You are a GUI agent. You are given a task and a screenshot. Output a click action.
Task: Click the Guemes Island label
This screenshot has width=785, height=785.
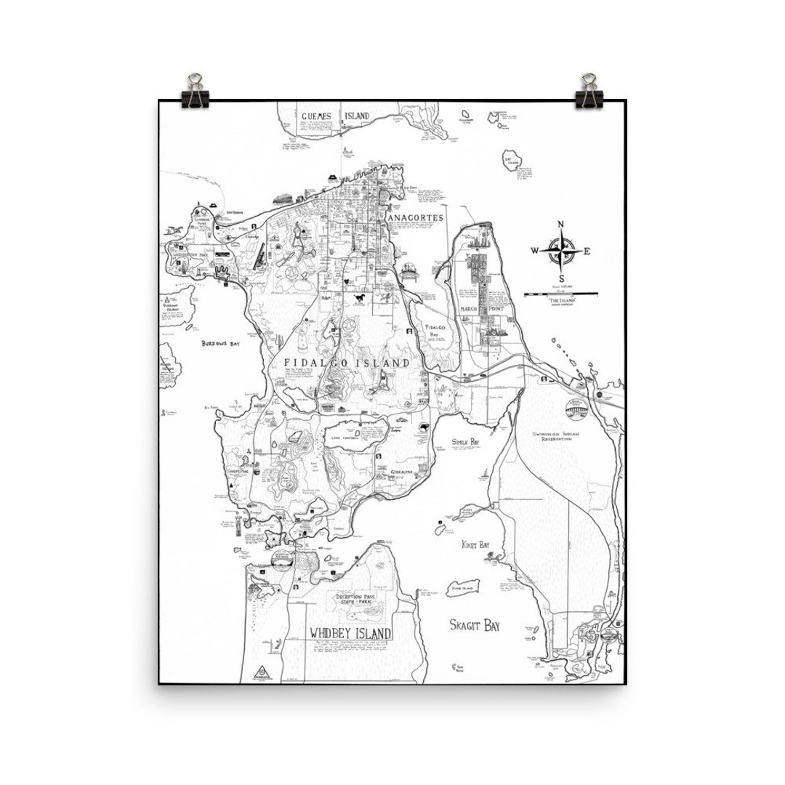tap(335, 116)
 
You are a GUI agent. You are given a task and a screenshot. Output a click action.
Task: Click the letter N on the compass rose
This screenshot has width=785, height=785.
tap(560, 225)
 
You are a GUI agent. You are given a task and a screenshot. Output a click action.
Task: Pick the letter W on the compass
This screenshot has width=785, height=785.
tap(534, 251)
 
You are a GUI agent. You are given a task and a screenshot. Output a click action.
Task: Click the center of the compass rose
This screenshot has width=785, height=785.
tap(560, 251)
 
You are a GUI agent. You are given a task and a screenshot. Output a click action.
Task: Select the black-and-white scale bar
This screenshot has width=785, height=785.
tap(560, 294)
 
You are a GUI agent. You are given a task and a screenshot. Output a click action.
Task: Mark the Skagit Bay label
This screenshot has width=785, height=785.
tap(475, 624)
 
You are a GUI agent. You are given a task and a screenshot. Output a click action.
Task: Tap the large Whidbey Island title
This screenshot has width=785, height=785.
tap(350, 632)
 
